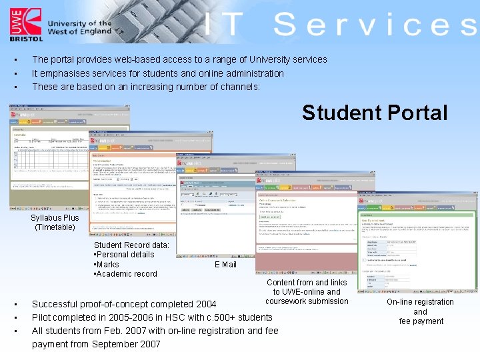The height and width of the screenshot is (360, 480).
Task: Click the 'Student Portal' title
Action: point(374,113)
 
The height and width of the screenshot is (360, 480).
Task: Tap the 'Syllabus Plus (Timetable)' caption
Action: point(55,223)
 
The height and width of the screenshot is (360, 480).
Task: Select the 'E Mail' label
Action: point(225,265)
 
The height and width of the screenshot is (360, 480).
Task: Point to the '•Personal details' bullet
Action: point(124,255)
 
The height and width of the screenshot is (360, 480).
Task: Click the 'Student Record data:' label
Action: point(131,245)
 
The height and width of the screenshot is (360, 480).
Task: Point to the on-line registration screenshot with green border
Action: point(417,243)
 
